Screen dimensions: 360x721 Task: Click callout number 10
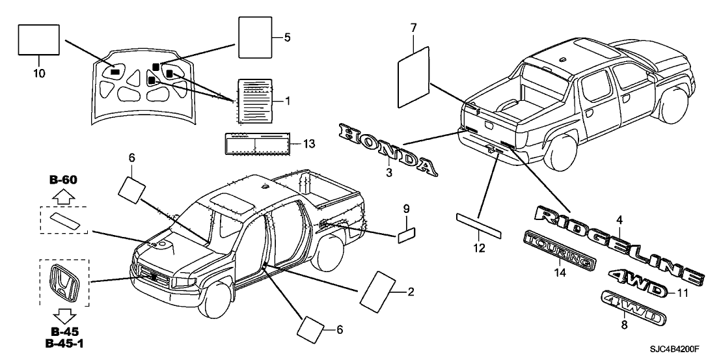[38, 74]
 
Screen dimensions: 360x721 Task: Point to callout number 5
[287, 38]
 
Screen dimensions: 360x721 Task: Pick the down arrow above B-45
[64, 317]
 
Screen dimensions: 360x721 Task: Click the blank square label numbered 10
[38, 41]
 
